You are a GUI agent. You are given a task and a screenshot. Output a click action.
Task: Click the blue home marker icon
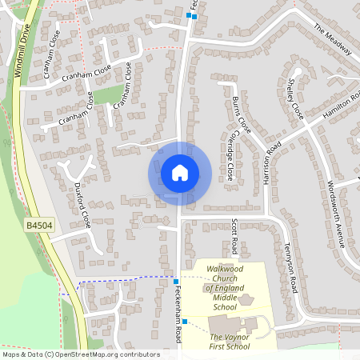180,173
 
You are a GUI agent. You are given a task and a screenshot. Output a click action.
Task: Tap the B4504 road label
38,226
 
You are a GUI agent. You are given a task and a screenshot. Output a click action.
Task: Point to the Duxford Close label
82,205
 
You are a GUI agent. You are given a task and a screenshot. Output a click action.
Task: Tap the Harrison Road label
270,164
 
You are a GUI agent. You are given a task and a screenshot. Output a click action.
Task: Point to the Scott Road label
234,233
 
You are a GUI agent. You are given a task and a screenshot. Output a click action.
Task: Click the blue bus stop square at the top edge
190,15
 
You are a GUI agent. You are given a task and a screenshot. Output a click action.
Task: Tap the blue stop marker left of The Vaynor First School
184,322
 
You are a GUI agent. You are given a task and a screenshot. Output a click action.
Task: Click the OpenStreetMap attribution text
81,354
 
